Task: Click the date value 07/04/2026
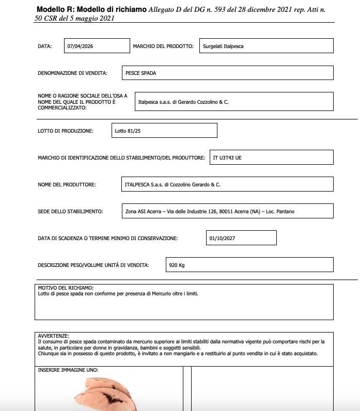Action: click(80, 46)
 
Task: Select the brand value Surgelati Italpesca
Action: click(223, 46)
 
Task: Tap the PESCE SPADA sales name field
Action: click(140, 73)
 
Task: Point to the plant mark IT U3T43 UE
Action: click(227, 157)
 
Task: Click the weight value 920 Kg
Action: click(177, 265)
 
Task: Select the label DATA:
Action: click(45, 46)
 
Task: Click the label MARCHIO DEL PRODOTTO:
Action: click(163, 46)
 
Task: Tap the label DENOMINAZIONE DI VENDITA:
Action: click(72, 73)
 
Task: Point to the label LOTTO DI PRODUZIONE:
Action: click(66, 131)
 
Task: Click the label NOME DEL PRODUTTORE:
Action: click(67, 184)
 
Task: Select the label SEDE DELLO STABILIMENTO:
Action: click(70, 211)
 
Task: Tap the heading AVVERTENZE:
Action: click(53, 336)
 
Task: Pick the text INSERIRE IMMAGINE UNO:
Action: click(68, 370)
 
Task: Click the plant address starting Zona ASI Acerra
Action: click(210, 211)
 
